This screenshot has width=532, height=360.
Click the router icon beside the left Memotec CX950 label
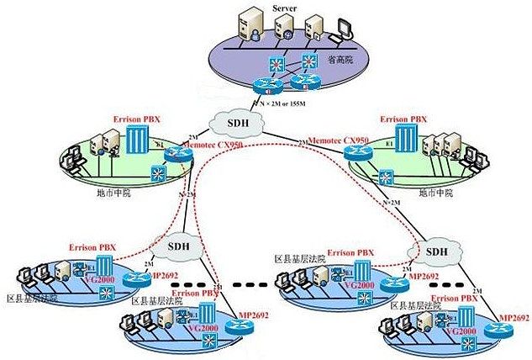pos(176,154)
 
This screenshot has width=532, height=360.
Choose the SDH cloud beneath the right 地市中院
pos(436,250)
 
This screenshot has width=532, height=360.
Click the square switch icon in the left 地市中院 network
pos(157,173)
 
